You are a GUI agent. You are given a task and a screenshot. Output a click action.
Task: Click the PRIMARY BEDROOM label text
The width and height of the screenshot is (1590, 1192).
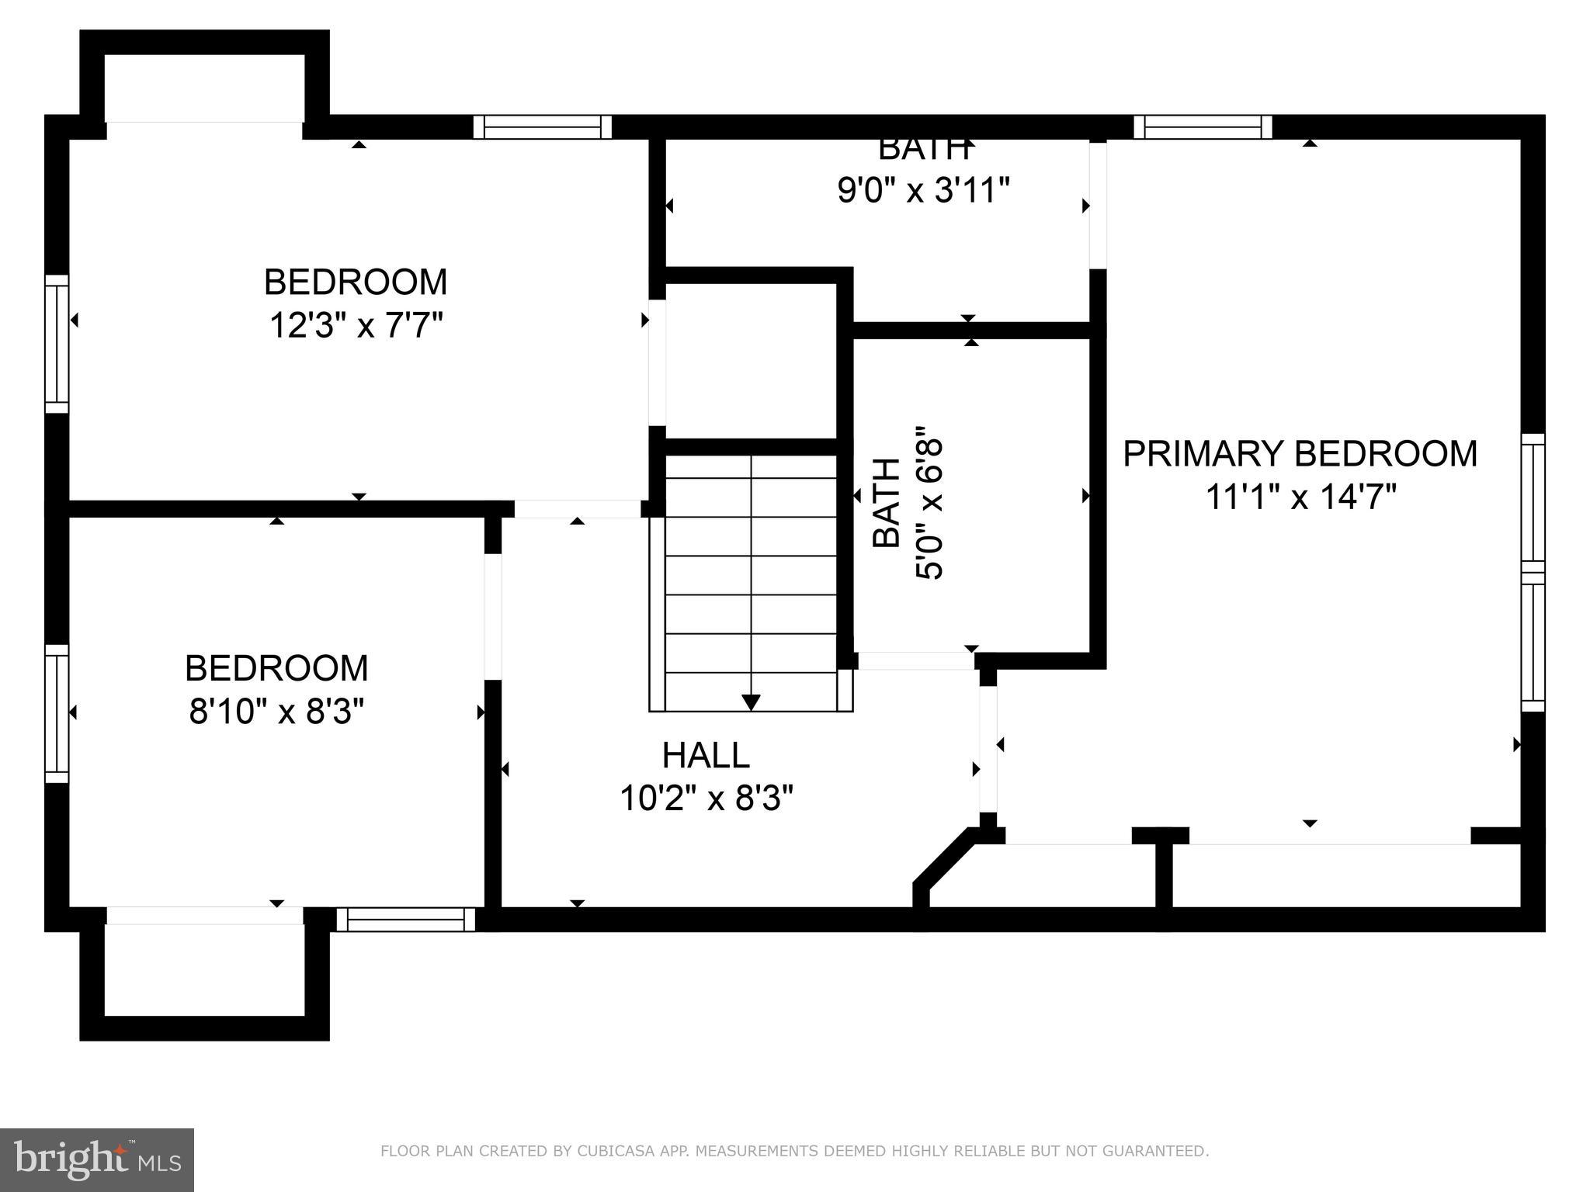tap(1300, 453)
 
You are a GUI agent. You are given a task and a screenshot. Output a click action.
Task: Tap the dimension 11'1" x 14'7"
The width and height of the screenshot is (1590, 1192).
tap(1300, 497)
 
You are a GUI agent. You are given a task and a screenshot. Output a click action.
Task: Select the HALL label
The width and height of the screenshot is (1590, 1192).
tap(706, 754)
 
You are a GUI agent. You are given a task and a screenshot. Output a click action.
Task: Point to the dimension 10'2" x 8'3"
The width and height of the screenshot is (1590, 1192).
tap(706, 798)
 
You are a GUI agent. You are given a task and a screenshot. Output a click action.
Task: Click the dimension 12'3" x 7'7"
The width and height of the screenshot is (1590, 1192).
tap(356, 325)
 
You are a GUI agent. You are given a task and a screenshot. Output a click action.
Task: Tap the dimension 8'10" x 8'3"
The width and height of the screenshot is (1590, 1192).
tap(276, 711)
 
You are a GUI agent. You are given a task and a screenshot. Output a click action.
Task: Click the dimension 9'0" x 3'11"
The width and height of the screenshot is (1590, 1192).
tap(923, 190)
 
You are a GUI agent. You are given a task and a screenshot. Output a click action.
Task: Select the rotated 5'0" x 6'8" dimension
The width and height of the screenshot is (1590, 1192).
tap(929, 503)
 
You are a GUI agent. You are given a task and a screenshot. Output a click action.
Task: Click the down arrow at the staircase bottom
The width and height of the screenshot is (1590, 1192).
tap(751, 702)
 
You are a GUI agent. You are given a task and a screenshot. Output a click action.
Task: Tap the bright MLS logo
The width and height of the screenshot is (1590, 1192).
tap(96, 1159)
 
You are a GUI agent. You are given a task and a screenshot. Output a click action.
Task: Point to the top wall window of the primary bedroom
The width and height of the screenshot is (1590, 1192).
tap(1203, 126)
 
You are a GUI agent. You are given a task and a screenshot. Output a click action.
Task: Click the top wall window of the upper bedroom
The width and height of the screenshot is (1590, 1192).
tap(543, 126)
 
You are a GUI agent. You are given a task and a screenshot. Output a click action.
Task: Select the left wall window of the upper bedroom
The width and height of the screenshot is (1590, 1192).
tap(57, 344)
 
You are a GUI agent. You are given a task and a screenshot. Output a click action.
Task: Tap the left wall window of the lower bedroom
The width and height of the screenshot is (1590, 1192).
tap(57, 713)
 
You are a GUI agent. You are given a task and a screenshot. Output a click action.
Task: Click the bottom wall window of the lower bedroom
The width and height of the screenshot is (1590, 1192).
tap(405, 919)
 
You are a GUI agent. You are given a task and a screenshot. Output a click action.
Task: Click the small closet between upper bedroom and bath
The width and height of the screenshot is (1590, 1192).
tap(750, 361)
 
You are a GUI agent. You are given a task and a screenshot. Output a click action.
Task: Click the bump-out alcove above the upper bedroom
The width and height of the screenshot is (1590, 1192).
tap(204, 87)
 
